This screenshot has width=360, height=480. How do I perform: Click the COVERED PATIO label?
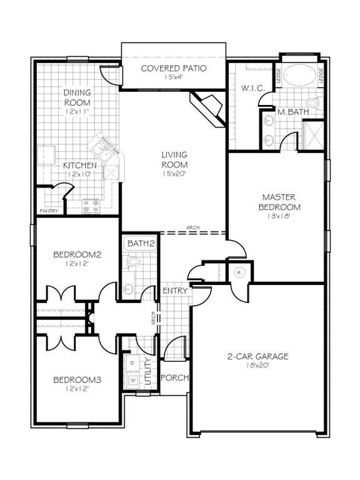click(x=173, y=68)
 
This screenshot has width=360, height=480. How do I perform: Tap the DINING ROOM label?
click(x=77, y=98)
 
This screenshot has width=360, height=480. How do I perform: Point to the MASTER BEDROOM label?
click(x=282, y=202)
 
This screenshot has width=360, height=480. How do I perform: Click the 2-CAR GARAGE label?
click(x=257, y=357)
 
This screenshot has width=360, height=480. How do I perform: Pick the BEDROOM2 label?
click(x=77, y=254)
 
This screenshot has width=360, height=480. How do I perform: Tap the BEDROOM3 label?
click(x=77, y=379)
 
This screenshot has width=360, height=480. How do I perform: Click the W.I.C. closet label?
click(x=253, y=89)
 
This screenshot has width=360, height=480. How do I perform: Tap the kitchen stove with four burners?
click(x=91, y=204)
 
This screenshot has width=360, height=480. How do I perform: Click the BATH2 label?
click(x=141, y=242)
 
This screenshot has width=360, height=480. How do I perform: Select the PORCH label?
click(x=174, y=378)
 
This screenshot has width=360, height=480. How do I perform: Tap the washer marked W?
click(x=132, y=379)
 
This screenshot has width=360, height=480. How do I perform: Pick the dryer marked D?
click(x=132, y=362)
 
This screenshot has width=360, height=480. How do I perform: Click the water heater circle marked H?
click(x=239, y=272)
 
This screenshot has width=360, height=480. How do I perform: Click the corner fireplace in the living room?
click(x=209, y=107)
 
